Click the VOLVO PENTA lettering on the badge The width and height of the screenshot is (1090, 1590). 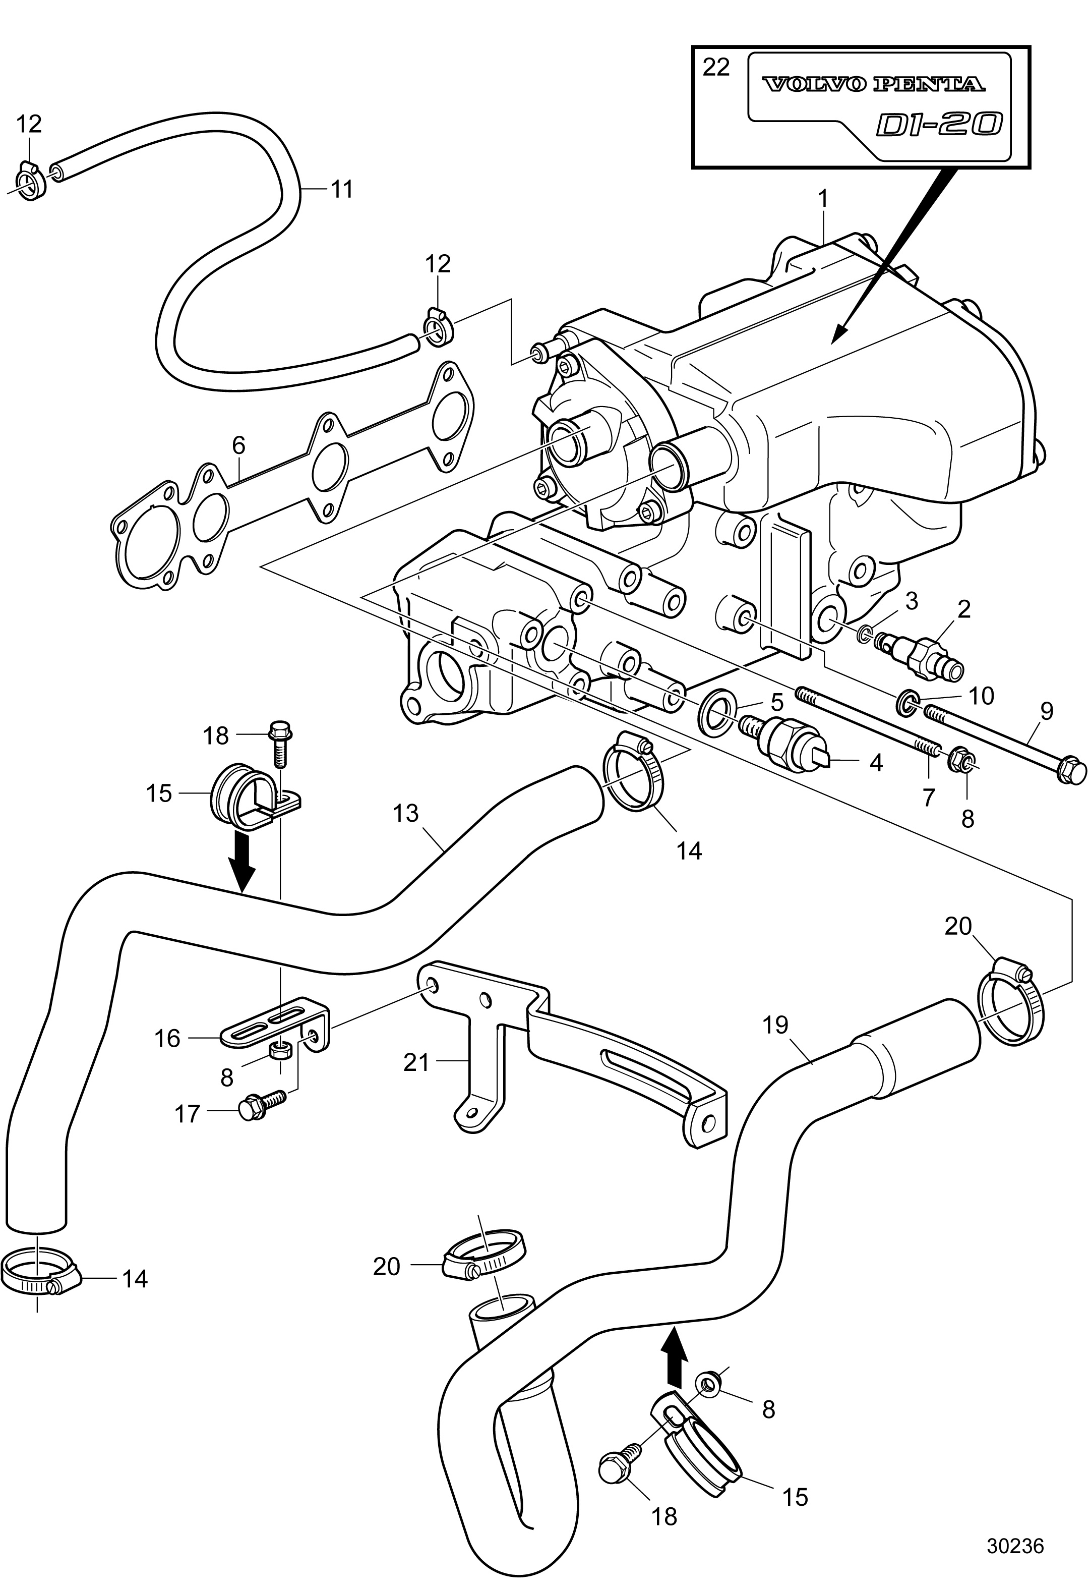(x=873, y=84)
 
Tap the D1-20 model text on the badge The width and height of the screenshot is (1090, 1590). (x=940, y=125)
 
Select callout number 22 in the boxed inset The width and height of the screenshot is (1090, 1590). (x=716, y=67)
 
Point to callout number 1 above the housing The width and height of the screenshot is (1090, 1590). (x=823, y=199)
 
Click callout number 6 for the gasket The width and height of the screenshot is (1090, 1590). (x=238, y=445)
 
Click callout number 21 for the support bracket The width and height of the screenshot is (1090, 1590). (x=416, y=1062)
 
